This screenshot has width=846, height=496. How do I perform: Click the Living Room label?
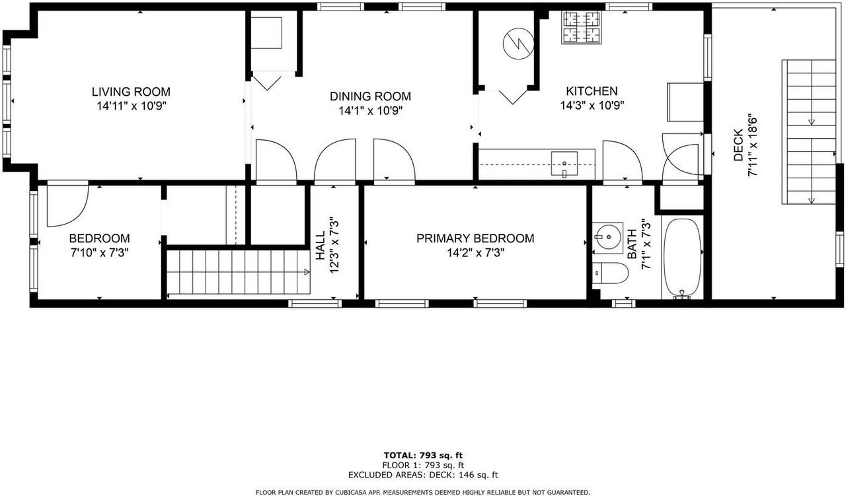[130, 92]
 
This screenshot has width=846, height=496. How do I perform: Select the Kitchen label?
[592, 92]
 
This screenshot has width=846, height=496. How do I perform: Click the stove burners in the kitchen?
[582, 28]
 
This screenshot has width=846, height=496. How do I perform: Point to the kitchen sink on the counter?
[564, 164]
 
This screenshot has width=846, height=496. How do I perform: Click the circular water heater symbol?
[518, 44]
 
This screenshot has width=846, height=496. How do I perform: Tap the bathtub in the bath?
[683, 257]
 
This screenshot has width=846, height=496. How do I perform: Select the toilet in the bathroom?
[608, 273]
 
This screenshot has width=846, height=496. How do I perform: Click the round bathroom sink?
[606, 236]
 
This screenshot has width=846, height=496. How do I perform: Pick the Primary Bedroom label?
[475, 238]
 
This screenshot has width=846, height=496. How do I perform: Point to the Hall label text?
[320, 243]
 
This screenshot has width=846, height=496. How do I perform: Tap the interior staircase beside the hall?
[238, 272]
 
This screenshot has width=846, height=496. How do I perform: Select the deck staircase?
[810, 132]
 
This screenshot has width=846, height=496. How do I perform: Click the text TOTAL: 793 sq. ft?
[423, 455]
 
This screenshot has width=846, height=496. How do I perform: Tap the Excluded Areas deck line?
[423, 475]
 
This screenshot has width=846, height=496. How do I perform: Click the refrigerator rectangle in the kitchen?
[685, 102]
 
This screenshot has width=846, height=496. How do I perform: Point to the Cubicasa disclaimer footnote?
[423, 492]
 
